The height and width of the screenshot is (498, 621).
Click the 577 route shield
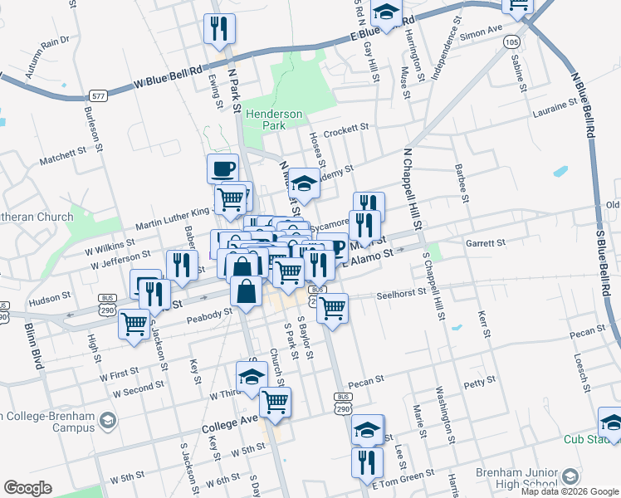pos(100,96)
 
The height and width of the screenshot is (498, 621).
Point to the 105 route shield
pos(512,41)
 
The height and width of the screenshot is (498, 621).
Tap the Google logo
pos(28,487)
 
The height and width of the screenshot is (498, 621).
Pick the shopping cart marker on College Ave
pos(275,402)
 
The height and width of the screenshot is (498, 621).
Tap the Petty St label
pos(479,383)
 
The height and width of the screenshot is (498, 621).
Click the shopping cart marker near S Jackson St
pos(134,325)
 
